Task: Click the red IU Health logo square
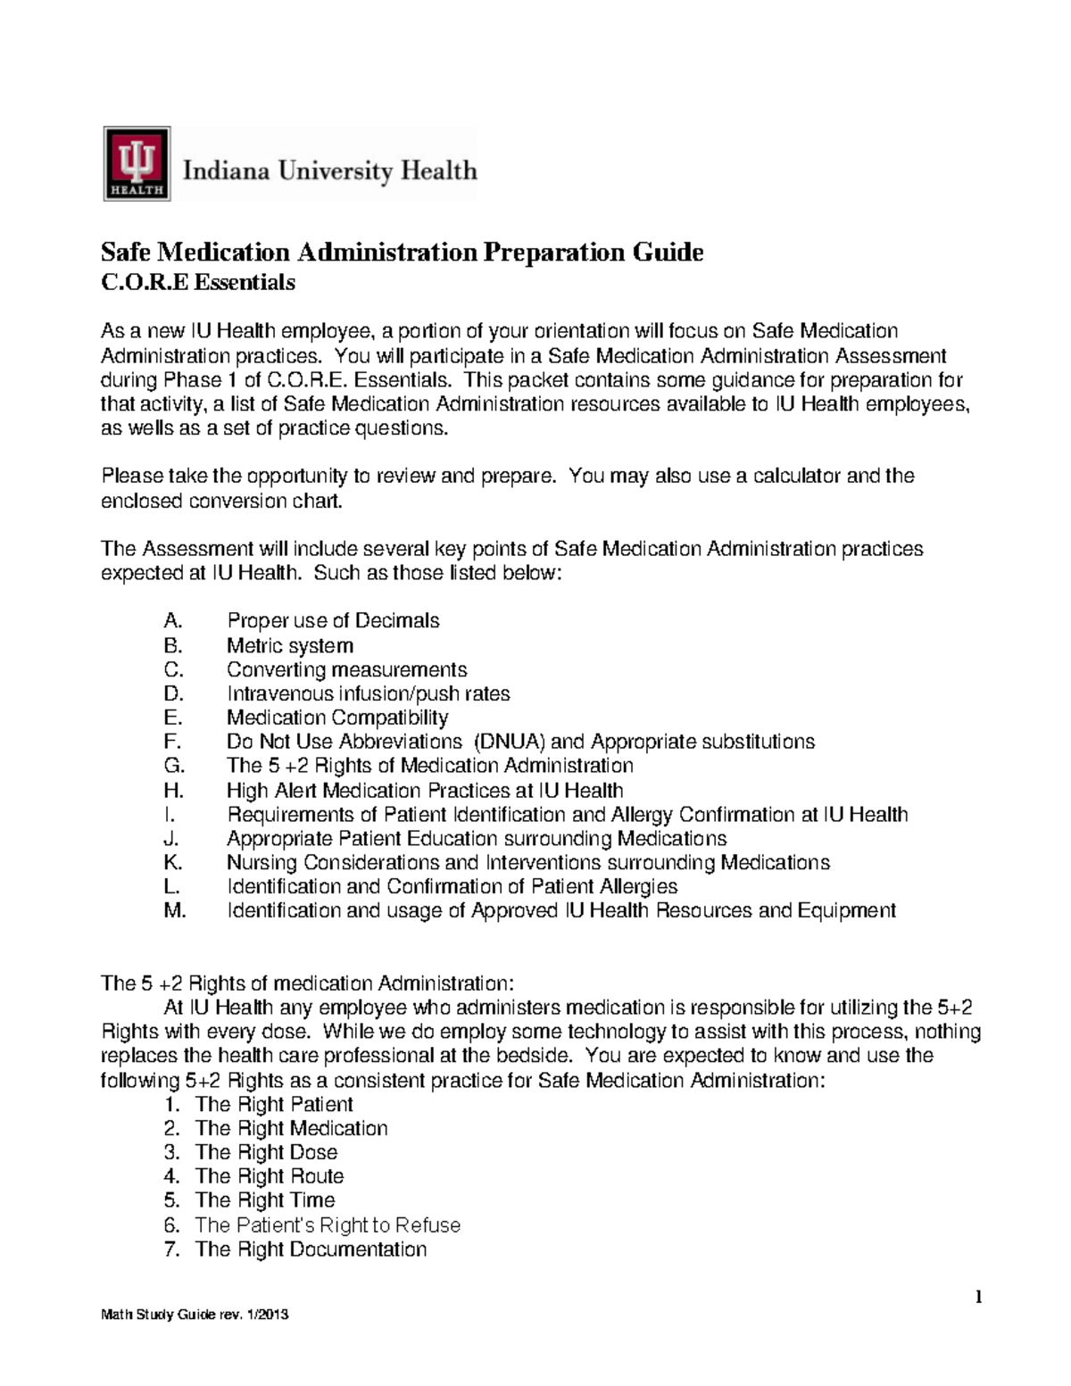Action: click(x=137, y=162)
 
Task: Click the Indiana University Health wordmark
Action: click(x=329, y=170)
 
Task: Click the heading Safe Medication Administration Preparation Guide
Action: click(x=402, y=253)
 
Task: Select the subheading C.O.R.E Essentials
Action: click(x=197, y=283)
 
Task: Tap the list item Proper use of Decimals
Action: click(x=333, y=620)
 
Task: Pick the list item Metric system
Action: click(x=289, y=645)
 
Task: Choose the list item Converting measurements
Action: click(x=346, y=669)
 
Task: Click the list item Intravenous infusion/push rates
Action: click(x=368, y=693)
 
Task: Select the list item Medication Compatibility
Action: click(x=337, y=718)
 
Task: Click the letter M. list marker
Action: click(x=175, y=910)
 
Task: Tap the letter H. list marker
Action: click(x=173, y=790)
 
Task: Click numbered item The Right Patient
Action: click(x=274, y=1104)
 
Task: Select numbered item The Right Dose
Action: click(x=266, y=1152)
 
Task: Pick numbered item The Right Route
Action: click(x=270, y=1176)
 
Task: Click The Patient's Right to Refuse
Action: click(x=328, y=1224)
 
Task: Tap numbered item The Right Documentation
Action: click(x=311, y=1249)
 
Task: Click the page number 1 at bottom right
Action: click(x=978, y=1297)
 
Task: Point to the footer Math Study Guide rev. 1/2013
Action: click(x=195, y=1315)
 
